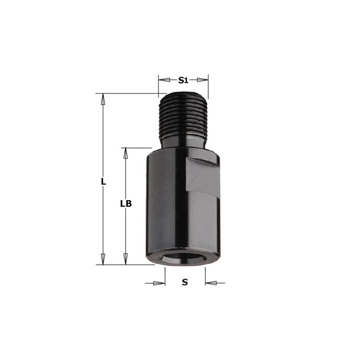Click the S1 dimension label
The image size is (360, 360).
[x=183, y=80]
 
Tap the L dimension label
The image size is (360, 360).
[x=104, y=181]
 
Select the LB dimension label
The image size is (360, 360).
[x=126, y=204]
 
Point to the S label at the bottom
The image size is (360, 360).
[x=185, y=282]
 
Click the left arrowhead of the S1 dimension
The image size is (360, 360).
[x=165, y=80]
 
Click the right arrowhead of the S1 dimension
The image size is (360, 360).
[x=202, y=80]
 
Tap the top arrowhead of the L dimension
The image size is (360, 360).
[x=103, y=99]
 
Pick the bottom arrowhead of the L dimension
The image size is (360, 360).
[x=103, y=259]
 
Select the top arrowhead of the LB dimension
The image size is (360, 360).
[x=125, y=153]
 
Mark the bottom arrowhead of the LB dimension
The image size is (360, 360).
[x=125, y=259]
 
